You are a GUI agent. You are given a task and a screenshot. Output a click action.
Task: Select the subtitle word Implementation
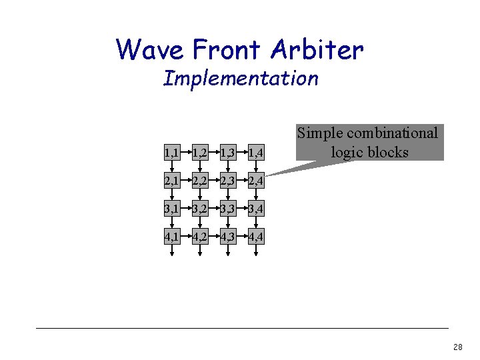coord(241,79)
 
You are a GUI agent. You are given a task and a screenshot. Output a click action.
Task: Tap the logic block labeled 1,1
coord(172,154)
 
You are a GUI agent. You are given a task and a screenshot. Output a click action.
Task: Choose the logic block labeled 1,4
coord(256,154)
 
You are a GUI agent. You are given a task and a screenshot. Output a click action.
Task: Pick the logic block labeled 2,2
coord(200,181)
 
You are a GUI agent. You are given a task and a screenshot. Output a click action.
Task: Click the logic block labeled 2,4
coord(256,181)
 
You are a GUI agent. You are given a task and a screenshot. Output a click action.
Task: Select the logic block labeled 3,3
coord(228,209)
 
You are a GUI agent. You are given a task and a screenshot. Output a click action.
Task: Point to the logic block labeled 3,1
coord(172,209)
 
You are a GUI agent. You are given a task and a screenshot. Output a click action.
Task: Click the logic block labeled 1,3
coord(228,154)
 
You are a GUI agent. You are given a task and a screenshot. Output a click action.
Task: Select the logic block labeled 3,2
coord(200,209)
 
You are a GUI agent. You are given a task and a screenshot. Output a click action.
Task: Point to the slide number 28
coord(457,347)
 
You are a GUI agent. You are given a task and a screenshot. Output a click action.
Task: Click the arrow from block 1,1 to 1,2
coord(186,154)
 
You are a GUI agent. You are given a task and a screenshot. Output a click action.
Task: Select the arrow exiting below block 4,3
coord(228,251)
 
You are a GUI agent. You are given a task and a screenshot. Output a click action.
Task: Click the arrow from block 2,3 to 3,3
coord(228,195)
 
